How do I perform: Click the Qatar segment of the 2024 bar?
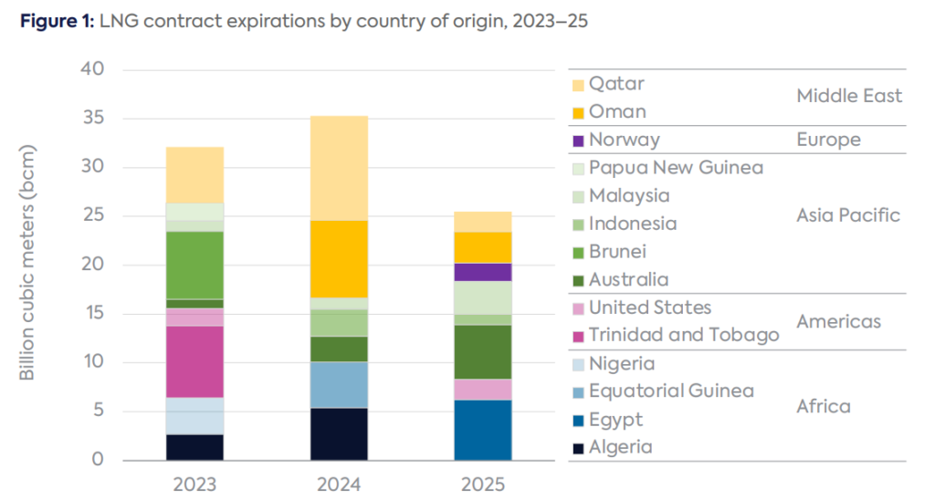tap(339, 168)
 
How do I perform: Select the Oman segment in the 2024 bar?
tap(339, 258)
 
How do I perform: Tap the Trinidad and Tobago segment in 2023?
tap(194, 361)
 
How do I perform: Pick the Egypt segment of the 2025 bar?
tap(482, 430)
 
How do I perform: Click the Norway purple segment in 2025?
tap(482, 272)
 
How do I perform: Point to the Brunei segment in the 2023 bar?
tap(194, 265)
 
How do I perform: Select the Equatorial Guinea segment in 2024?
tap(339, 384)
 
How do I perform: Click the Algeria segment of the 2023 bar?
tap(194, 447)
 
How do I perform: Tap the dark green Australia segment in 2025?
tap(482, 351)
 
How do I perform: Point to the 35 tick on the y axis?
tap(92, 119)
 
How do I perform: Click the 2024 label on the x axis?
tap(339, 484)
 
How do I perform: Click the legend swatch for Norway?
tap(578, 141)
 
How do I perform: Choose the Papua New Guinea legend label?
tap(676, 168)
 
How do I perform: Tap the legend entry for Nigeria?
tap(622, 364)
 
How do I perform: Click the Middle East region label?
tap(849, 96)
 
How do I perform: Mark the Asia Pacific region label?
tap(848, 215)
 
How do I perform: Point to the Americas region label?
tap(838, 321)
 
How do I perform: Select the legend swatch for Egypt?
tap(578, 421)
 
